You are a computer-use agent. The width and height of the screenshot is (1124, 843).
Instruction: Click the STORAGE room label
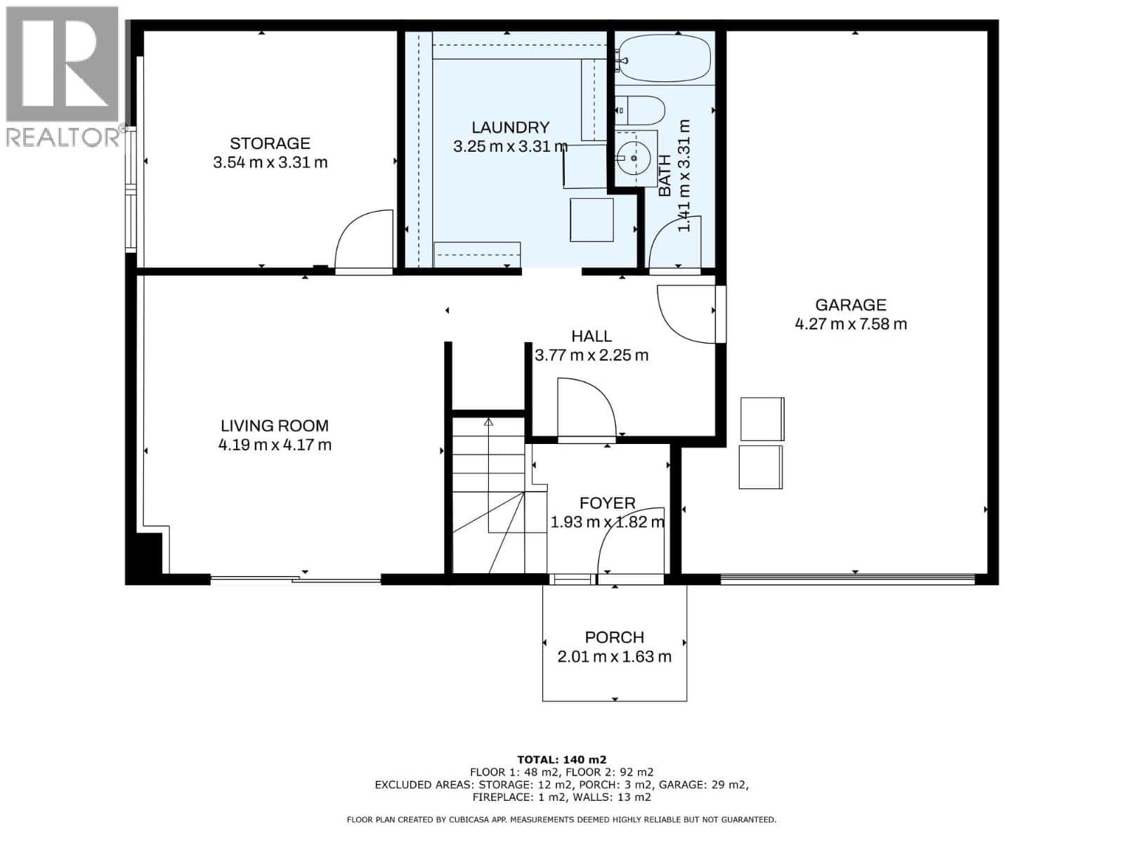tap(270, 143)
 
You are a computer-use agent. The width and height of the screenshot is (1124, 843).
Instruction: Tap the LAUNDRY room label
tap(510, 128)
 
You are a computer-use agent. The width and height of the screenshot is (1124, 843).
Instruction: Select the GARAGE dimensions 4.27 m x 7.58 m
tap(850, 324)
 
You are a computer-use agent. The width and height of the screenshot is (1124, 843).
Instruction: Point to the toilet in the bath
tap(640, 110)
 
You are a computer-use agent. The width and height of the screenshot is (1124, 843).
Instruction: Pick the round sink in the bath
tap(635, 158)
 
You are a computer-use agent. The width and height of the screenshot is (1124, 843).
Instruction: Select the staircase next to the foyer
tap(488, 495)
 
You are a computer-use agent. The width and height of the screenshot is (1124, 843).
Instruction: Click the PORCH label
tap(614, 637)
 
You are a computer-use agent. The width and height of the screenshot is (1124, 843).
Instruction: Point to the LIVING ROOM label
tap(275, 426)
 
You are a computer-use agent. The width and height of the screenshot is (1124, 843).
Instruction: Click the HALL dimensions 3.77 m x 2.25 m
tap(592, 355)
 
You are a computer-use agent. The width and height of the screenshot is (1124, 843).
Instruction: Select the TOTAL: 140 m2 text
tap(561, 759)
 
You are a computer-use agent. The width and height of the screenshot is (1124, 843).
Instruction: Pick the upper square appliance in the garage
tap(762, 419)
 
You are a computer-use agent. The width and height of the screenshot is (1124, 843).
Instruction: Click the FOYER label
tap(607, 503)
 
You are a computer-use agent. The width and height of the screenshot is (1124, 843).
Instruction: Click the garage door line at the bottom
tap(847, 579)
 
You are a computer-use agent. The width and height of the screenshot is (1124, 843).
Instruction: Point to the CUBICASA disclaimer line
tap(561, 820)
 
